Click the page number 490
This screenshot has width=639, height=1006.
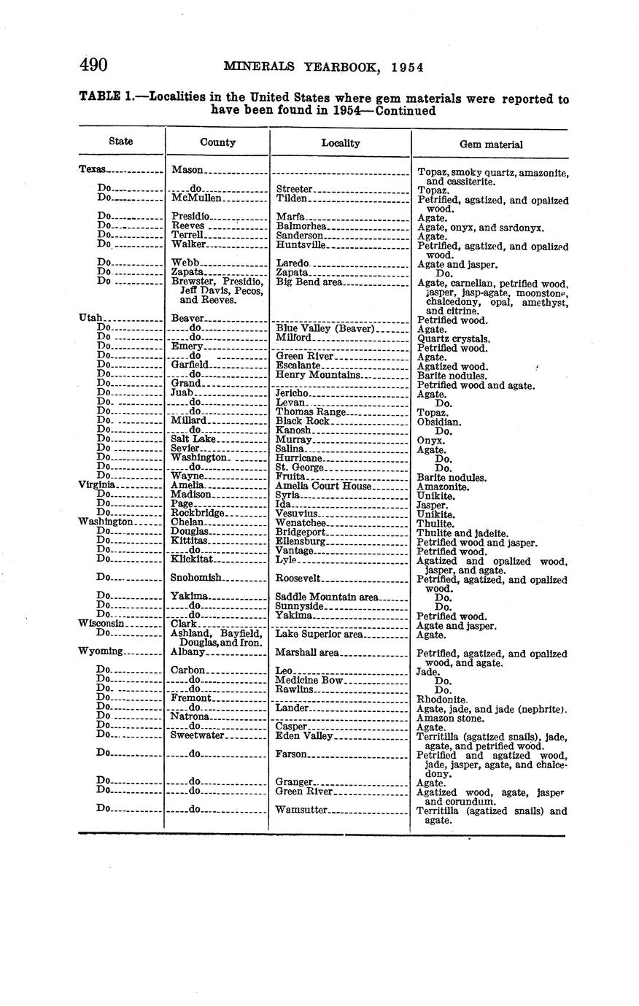(94, 65)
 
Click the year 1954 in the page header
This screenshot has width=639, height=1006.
(407, 67)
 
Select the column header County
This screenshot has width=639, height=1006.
(217, 142)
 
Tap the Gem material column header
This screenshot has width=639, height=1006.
(490, 144)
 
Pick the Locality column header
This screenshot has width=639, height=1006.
(341, 143)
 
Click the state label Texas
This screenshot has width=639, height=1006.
(93, 169)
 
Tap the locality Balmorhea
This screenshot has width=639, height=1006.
(301, 227)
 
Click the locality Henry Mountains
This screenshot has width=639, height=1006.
(318, 375)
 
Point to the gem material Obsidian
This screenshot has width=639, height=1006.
(438, 422)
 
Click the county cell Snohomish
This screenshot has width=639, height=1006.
(196, 578)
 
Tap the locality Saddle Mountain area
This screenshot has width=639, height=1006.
(328, 597)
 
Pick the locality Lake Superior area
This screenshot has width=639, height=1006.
(319, 635)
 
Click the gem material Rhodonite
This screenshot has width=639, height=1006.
(441, 699)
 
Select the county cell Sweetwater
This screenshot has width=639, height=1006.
(197, 735)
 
